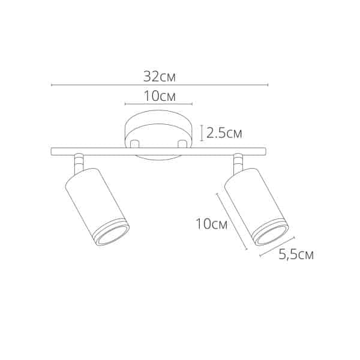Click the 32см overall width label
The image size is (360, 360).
tap(159, 76)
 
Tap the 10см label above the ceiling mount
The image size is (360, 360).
tap(159, 95)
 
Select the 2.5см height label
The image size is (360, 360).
tap(224, 133)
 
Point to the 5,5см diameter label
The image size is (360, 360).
tap(296, 254)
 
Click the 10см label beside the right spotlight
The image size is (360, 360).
tap(211, 224)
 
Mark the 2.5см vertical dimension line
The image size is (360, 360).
tap(200, 132)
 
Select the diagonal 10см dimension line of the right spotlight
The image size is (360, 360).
tap(231, 221)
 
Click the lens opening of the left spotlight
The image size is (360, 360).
tap(111, 235)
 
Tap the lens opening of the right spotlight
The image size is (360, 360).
tap(271, 233)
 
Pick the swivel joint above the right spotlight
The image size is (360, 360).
tap(238, 161)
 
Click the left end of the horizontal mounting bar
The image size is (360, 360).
tap(55, 151)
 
